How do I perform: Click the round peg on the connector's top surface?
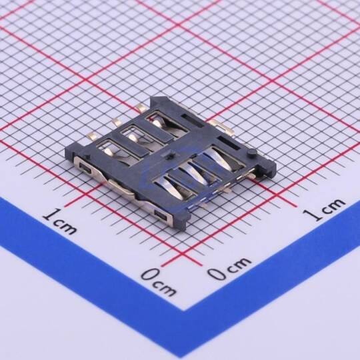point(251,152)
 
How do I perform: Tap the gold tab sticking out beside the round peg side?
point(221,127)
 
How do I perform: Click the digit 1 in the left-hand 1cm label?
point(50,215)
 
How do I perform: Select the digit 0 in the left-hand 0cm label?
point(151,275)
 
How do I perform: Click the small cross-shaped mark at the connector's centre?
point(170,156)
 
